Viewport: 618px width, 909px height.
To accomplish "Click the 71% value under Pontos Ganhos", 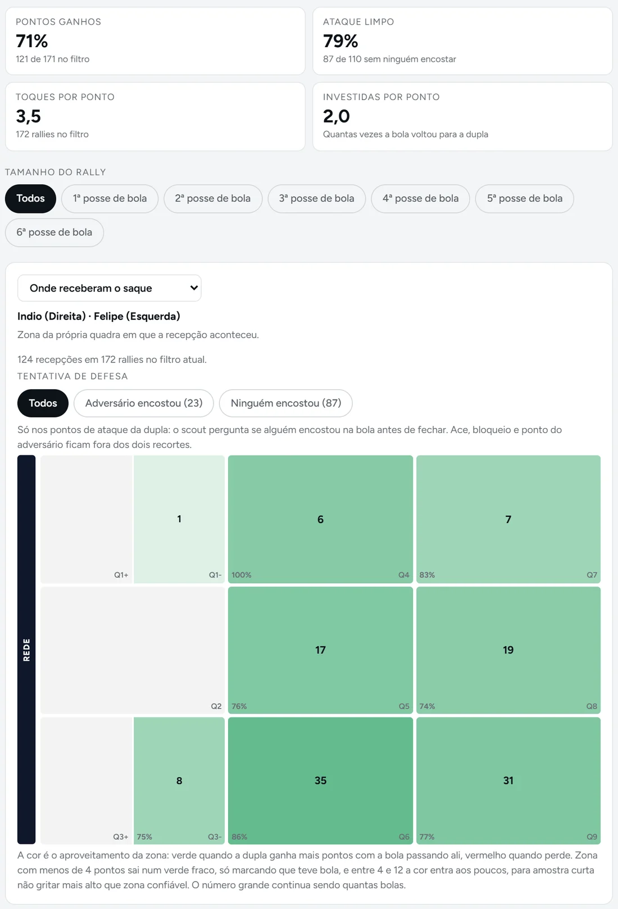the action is (x=31, y=41).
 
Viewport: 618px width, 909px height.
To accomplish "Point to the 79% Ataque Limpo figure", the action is (x=340, y=41).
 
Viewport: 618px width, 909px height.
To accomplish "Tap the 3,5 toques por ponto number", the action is (x=29, y=116).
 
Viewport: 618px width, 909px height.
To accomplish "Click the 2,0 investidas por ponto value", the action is (x=337, y=116).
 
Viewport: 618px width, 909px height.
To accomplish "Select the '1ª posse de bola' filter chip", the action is (x=110, y=198).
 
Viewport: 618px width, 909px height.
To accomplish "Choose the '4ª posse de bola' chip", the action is (x=420, y=198).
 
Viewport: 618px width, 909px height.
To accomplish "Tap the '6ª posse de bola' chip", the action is (x=54, y=233).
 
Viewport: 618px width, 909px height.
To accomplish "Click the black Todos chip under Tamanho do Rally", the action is (x=30, y=198).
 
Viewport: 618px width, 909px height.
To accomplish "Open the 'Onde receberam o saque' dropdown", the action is (x=109, y=288).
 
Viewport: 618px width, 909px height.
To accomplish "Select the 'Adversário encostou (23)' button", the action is (x=144, y=403).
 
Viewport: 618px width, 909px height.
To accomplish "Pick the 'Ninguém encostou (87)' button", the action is (x=285, y=403).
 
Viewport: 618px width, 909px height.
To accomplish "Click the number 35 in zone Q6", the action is (x=321, y=780).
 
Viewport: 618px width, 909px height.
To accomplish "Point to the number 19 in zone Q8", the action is (x=508, y=649).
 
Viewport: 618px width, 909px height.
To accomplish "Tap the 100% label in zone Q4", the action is (x=242, y=575).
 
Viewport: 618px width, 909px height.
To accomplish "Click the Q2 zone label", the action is (x=216, y=706).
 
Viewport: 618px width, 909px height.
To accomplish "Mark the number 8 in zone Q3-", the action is (x=179, y=780).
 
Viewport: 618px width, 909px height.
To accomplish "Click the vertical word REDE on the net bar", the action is (x=26, y=649).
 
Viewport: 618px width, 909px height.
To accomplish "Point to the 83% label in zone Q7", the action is (x=427, y=575).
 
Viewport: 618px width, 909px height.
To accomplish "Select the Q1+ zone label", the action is (x=121, y=575).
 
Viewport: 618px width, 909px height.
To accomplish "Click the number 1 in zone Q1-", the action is (x=179, y=519).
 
